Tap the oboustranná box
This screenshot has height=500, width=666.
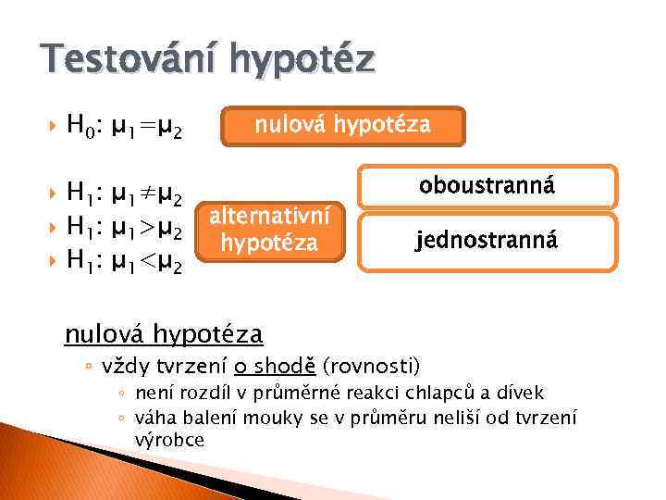click(487, 186)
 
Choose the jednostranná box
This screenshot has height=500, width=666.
click(487, 242)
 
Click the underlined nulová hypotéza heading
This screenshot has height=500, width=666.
click(163, 331)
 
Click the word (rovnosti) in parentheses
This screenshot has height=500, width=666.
click(371, 364)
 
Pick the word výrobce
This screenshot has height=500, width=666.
click(169, 439)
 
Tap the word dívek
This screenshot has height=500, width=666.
click(524, 393)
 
